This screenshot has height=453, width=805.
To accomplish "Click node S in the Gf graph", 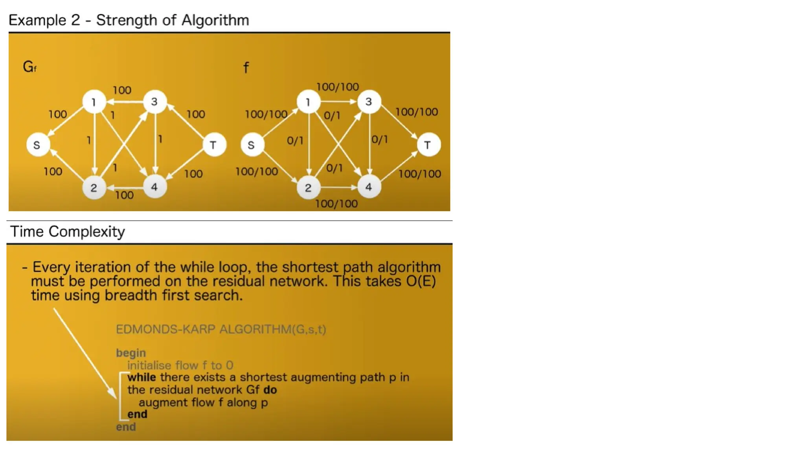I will pyautogui.click(x=38, y=145).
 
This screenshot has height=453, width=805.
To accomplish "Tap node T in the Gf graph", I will pyautogui.click(x=214, y=145).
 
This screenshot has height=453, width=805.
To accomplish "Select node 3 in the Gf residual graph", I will pyautogui.click(x=154, y=102).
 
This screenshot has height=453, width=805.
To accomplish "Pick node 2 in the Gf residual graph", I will pyautogui.click(x=94, y=188).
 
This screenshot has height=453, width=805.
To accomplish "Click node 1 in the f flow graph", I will pyautogui.click(x=308, y=102).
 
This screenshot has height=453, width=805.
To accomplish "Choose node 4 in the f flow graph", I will pyautogui.click(x=369, y=187).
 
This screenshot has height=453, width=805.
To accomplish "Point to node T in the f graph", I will pyautogui.click(x=428, y=145).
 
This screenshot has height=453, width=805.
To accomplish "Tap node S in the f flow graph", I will pyautogui.click(x=252, y=145).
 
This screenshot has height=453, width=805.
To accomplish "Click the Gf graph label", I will pyautogui.click(x=29, y=67).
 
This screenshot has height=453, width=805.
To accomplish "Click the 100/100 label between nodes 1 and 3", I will pyautogui.click(x=338, y=87).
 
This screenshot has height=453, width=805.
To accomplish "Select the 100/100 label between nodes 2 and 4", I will pyautogui.click(x=336, y=204).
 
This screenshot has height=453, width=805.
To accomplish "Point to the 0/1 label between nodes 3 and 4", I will pyautogui.click(x=380, y=140).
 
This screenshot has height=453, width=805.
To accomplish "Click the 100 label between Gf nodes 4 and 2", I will pyautogui.click(x=124, y=195).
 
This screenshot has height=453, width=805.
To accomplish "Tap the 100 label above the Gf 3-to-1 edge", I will pyautogui.click(x=122, y=90).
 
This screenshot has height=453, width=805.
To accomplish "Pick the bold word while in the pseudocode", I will pyautogui.click(x=142, y=377).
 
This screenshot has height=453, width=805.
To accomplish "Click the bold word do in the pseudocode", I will pyautogui.click(x=270, y=390).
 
